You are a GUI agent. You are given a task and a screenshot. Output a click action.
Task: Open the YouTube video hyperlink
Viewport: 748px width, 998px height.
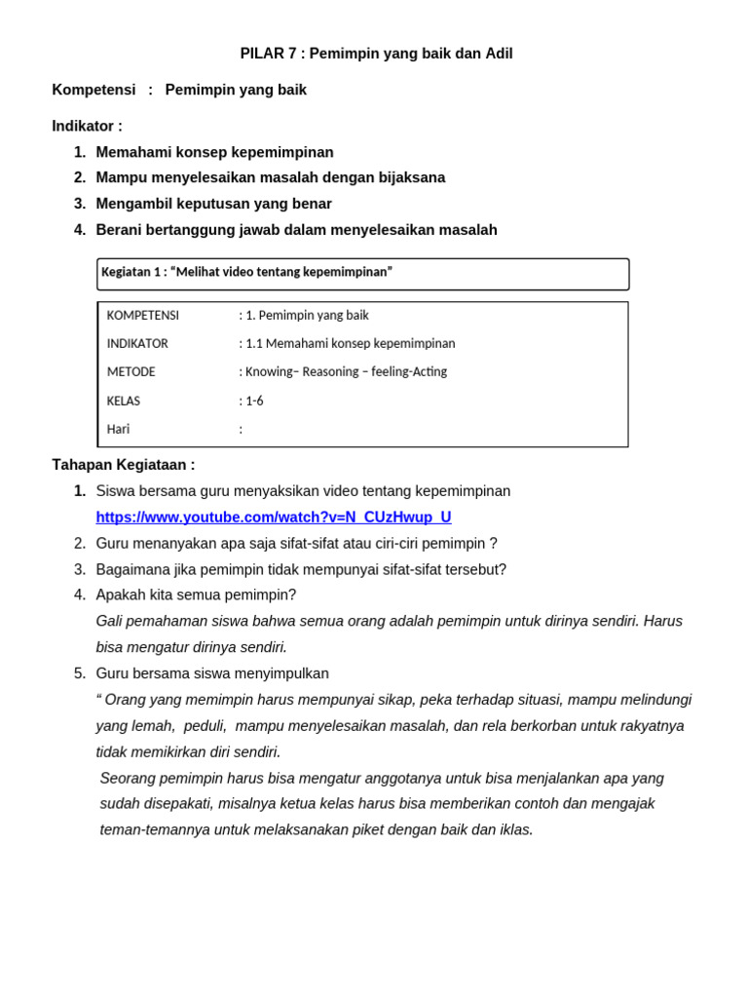[273, 518]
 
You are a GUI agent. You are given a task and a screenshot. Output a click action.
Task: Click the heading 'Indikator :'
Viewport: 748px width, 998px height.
[87, 126]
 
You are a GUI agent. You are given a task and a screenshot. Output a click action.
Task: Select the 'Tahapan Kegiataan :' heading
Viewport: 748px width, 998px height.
[123, 465]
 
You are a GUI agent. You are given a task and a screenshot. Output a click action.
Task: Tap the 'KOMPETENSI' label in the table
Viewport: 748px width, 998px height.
[142, 316]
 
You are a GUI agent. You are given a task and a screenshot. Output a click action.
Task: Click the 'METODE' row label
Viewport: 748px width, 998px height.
[131, 372]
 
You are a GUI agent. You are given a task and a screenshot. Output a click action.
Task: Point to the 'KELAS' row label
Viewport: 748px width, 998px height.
[124, 401]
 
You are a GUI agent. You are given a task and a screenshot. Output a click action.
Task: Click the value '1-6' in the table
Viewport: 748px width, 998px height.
[254, 401]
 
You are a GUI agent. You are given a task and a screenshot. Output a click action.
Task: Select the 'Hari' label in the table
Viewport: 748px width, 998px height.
[118, 429]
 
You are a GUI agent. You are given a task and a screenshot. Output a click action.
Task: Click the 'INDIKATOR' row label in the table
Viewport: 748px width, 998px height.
[137, 344]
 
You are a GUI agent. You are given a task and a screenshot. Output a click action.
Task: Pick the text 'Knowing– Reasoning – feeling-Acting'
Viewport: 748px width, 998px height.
[346, 372]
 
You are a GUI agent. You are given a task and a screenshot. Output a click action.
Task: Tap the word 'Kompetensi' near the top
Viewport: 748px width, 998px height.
[93, 90]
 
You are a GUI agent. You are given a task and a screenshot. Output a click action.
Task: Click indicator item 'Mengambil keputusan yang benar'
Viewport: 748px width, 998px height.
[213, 204]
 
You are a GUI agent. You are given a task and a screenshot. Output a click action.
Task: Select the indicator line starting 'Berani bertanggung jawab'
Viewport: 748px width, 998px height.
[296, 230]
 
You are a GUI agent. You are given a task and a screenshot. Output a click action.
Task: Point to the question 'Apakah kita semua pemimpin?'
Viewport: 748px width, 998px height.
[196, 595]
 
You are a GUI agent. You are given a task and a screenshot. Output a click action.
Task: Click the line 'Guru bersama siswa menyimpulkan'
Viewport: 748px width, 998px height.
[212, 673]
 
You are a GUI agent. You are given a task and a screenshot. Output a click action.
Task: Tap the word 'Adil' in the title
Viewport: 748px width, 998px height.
[499, 54]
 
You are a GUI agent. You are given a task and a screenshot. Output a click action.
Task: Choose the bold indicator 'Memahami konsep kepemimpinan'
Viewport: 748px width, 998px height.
[214, 152]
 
